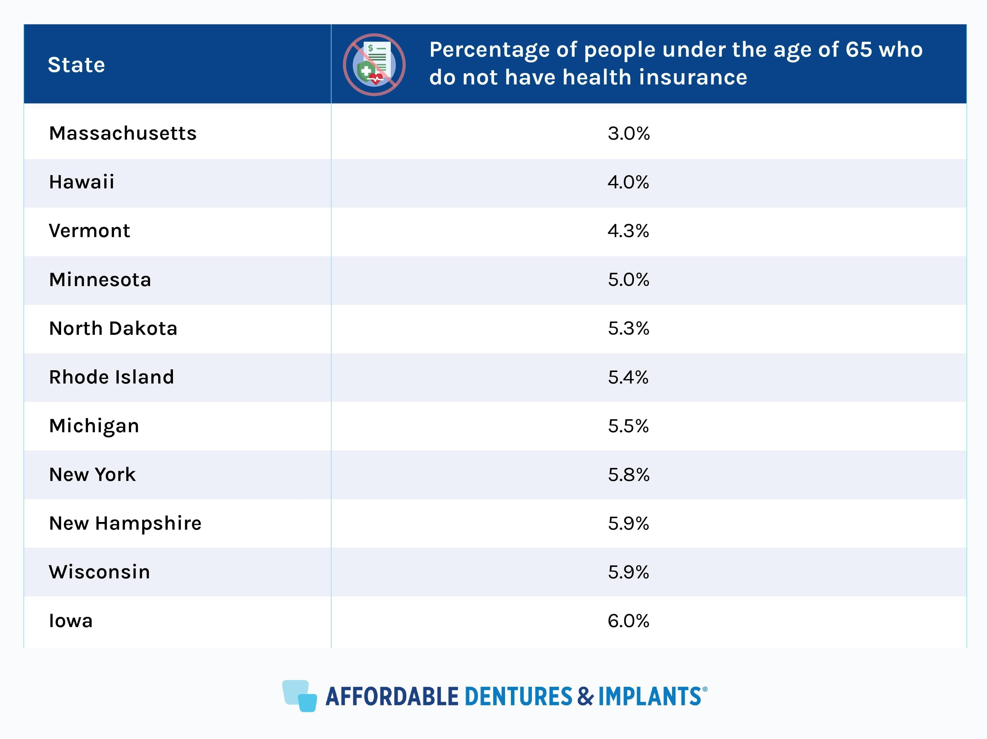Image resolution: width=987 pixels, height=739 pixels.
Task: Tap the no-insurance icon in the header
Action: pos(374,65)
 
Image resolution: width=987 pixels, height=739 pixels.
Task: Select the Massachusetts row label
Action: pos(123,133)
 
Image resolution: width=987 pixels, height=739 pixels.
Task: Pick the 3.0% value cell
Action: pos(628,133)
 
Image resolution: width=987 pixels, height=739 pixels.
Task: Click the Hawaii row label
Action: pos(82,182)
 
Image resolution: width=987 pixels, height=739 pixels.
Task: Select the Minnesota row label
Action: pos(100,280)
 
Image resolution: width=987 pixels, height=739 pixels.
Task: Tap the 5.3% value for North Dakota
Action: pos(628,328)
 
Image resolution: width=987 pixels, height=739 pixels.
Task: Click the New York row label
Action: pos(92,474)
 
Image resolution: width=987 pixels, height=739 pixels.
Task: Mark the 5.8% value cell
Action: pos(628,474)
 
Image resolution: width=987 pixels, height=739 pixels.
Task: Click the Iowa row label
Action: pos(71,621)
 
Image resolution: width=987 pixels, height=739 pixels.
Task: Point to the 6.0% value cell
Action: pos(628,621)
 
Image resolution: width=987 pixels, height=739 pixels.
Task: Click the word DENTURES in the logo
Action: pos(518,696)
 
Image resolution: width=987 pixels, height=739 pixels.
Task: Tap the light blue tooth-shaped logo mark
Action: pos(299,696)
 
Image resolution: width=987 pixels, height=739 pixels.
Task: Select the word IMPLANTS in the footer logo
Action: pos(649,696)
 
